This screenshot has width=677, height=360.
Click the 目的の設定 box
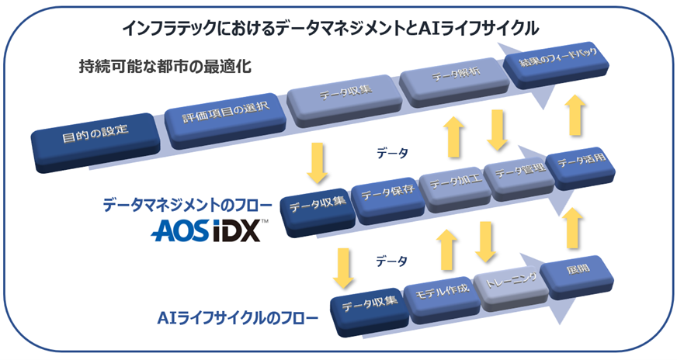[x=95, y=143]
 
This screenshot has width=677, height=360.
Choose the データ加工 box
[x=450, y=185]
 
